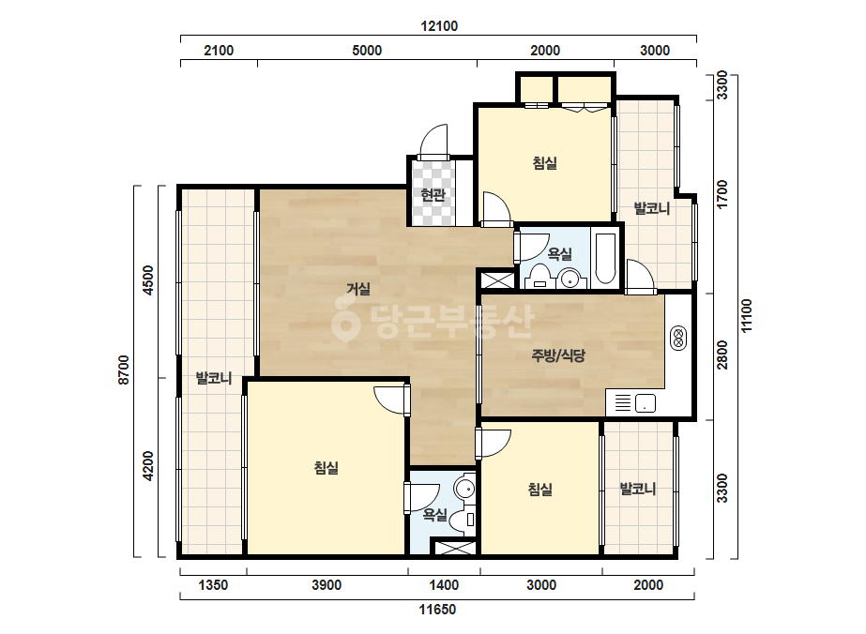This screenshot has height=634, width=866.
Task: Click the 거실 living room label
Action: (358, 289)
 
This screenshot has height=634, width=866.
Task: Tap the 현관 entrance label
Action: (433, 195)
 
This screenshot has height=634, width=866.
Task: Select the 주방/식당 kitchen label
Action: (558, 355)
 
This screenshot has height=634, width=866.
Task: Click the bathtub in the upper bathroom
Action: (605, 259)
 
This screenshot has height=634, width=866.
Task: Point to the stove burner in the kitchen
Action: (678, 339)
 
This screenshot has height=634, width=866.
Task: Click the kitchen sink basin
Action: (646, 403)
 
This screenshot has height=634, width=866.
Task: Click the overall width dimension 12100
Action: (439, 26)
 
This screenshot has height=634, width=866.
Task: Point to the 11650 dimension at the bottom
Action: (437, 610)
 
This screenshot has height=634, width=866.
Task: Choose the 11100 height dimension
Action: (747, 316)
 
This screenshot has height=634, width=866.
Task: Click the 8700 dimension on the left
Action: (123, 370)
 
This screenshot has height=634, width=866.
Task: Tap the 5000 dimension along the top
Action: (367, 51)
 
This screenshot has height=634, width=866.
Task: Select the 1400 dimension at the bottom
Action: (444, 585)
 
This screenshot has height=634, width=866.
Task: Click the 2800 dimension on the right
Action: (722, 355)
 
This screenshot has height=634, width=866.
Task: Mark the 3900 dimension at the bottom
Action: (327, 585)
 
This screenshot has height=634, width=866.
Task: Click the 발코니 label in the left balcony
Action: (214, 378)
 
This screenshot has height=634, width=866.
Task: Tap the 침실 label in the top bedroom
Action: (544, 163)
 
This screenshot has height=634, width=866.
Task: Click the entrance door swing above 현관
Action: (433, 140)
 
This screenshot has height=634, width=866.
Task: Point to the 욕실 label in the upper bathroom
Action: (559, 254)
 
